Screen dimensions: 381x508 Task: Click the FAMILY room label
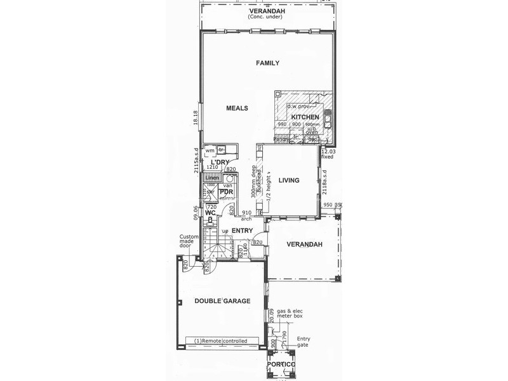tap(267, 63)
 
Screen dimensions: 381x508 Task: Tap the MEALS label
tap(237, 108)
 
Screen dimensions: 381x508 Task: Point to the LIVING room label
tap(288, 180)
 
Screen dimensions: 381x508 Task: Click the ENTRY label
tap(242, 231)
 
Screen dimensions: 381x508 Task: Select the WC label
tap(211, 213)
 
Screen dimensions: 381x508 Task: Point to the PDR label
tap(227, 192)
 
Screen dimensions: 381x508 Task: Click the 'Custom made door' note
tap(189, 244)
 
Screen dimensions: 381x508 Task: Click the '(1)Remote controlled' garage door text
tap(221, 342)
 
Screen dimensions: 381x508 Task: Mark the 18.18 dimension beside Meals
tap(196, 117)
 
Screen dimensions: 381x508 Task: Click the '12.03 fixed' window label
tap(328, 154)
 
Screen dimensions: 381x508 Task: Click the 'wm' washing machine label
tap(210, 150)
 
